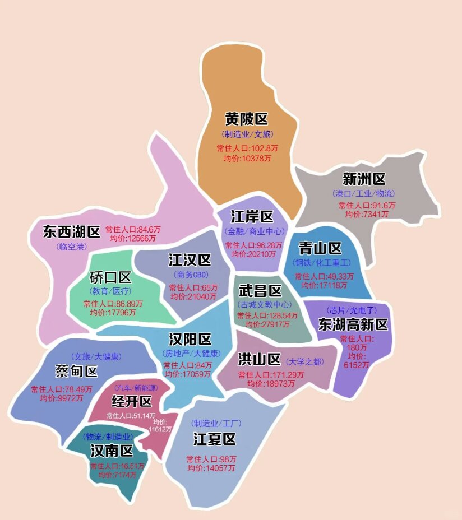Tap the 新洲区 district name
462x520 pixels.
click(x=364, y=179)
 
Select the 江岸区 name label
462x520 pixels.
click(x=252, y=217)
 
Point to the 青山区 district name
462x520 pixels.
click(x=320, y=248)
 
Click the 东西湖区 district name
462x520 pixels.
click(x=71, y=231)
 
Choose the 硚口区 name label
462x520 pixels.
click(x=110, y=277)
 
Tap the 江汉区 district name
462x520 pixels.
click(x=190, y=260)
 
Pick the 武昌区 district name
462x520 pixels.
click(x=260, y=291)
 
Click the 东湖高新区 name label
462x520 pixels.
click(x=353, y=324)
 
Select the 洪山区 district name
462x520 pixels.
click(x=259, y=359)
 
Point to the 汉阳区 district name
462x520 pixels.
click(x=190, y=340)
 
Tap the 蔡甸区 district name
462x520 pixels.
click(x=76, y=371)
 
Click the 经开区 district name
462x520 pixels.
click(x=132, y=401)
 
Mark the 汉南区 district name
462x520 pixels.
click(x=112, y=451)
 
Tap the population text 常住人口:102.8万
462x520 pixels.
click(x=247, y=148)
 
